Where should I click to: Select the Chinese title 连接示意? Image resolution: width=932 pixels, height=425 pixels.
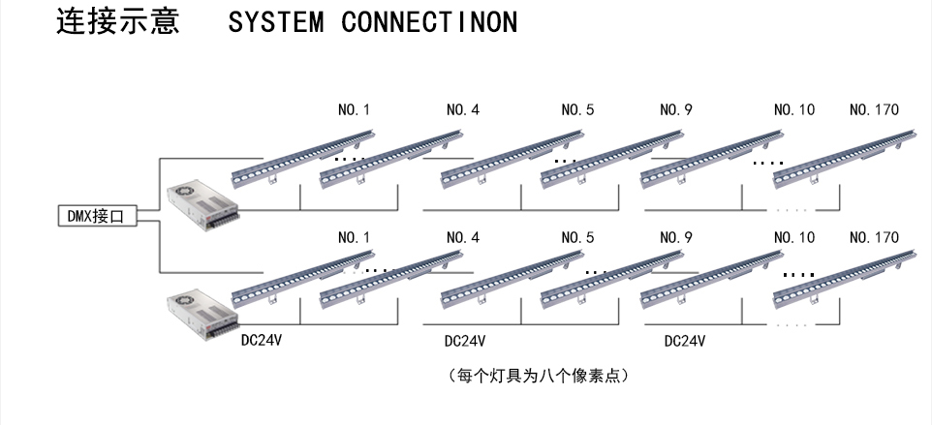click(x=118, y=21)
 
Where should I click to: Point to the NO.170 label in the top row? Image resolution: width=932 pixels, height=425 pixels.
click(x=874, y=109)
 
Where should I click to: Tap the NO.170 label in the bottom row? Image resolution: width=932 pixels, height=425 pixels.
click(x=874, y=237)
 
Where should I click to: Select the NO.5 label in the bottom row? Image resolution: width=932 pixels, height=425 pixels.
click(x=577, y=237)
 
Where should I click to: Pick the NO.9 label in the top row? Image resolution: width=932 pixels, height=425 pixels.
click(x=676, y=109)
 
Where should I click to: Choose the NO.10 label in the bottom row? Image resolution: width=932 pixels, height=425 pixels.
click(x=794, y=237)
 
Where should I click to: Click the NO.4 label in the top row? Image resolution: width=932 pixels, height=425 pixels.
click(x=463, y=109)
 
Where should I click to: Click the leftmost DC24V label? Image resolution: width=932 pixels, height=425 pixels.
click(x=261, y=341)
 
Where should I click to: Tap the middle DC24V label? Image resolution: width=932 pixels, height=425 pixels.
click(x=465, y=341)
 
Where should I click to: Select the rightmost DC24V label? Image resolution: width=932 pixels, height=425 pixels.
click(x=685, y=341)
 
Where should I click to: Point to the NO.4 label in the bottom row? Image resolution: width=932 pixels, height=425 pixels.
click(x=463, y=237)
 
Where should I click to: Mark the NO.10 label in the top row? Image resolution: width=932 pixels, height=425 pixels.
click(x=794, y=109)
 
